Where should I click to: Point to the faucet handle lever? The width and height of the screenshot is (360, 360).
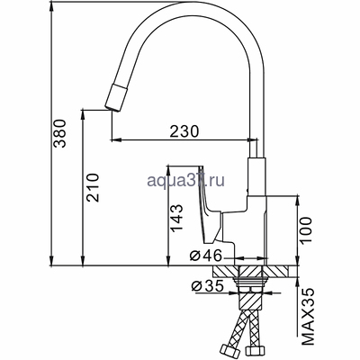coord(206,202)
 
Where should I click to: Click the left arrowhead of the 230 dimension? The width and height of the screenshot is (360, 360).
coord(113,140)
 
